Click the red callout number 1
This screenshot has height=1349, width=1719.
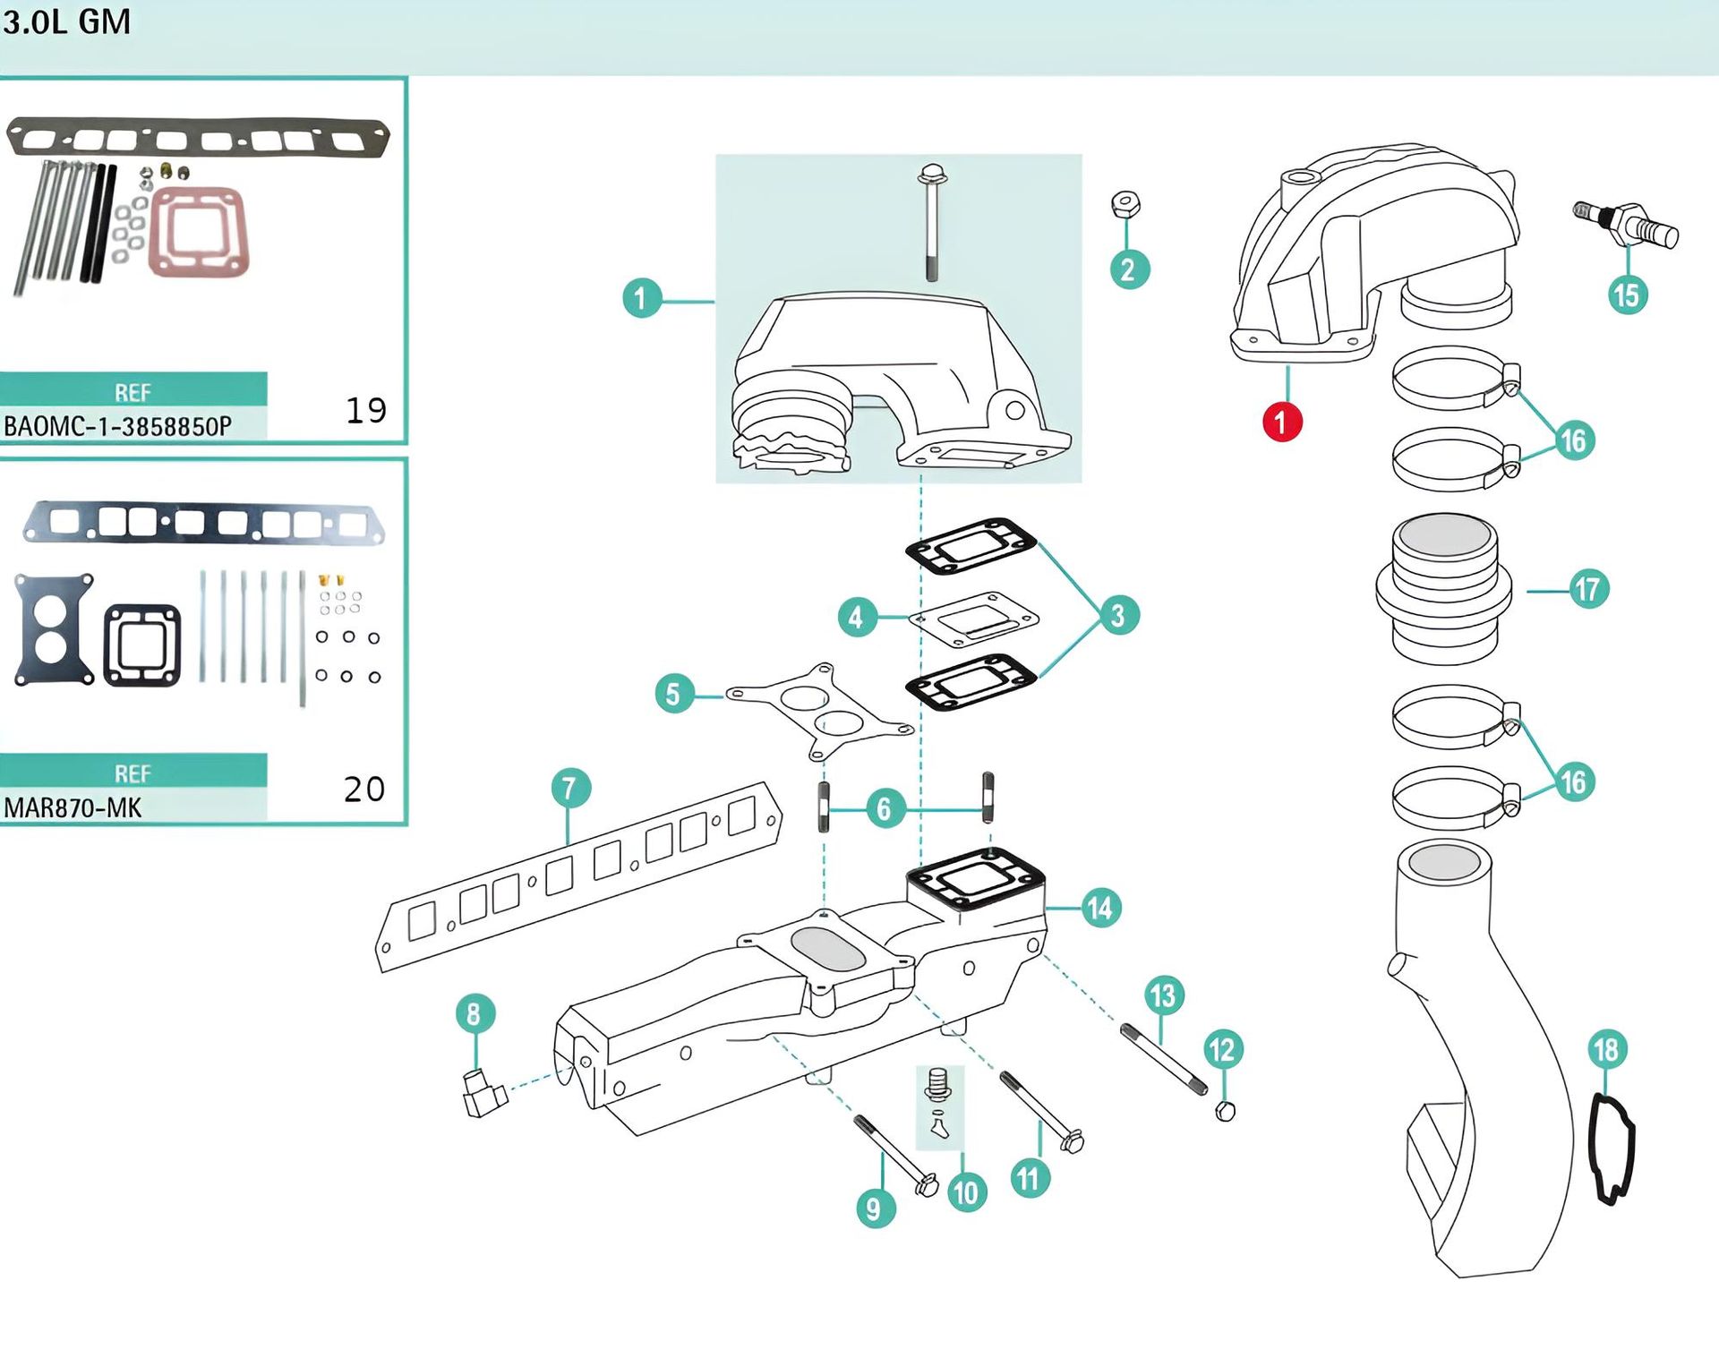[x=1281, y=423]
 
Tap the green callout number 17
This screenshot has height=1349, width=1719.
[x=1588, y=589]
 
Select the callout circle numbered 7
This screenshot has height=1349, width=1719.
[x=570, y=789]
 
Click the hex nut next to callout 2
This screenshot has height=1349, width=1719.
[x=1125, y=205]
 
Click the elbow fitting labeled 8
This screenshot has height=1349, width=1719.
[x=483, y=1092]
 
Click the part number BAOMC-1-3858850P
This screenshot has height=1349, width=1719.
[x=117, y=427]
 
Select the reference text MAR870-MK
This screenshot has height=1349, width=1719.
[x=73, y=808]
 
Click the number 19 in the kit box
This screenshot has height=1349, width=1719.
[x=366, y=411]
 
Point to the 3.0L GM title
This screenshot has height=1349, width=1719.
[x=67, y=21]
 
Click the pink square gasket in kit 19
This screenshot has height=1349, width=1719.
[x=198, y=232]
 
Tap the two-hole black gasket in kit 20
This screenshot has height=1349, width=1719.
[x=54, y=629]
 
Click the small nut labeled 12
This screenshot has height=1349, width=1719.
[x=1226, y=1112]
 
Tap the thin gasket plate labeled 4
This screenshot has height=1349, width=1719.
[x=973, y=618]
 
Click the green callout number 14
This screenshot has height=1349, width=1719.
[x=1099, y=908]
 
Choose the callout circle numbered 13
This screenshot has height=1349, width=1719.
[x=1163, y=995]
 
